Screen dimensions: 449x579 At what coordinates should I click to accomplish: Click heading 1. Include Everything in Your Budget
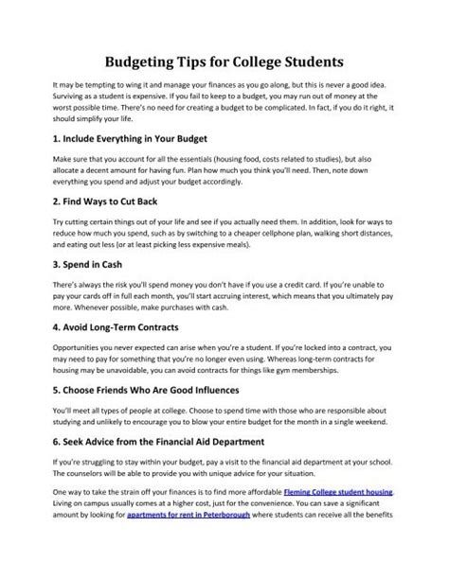136,138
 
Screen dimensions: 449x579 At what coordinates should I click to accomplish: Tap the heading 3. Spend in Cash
87,286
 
